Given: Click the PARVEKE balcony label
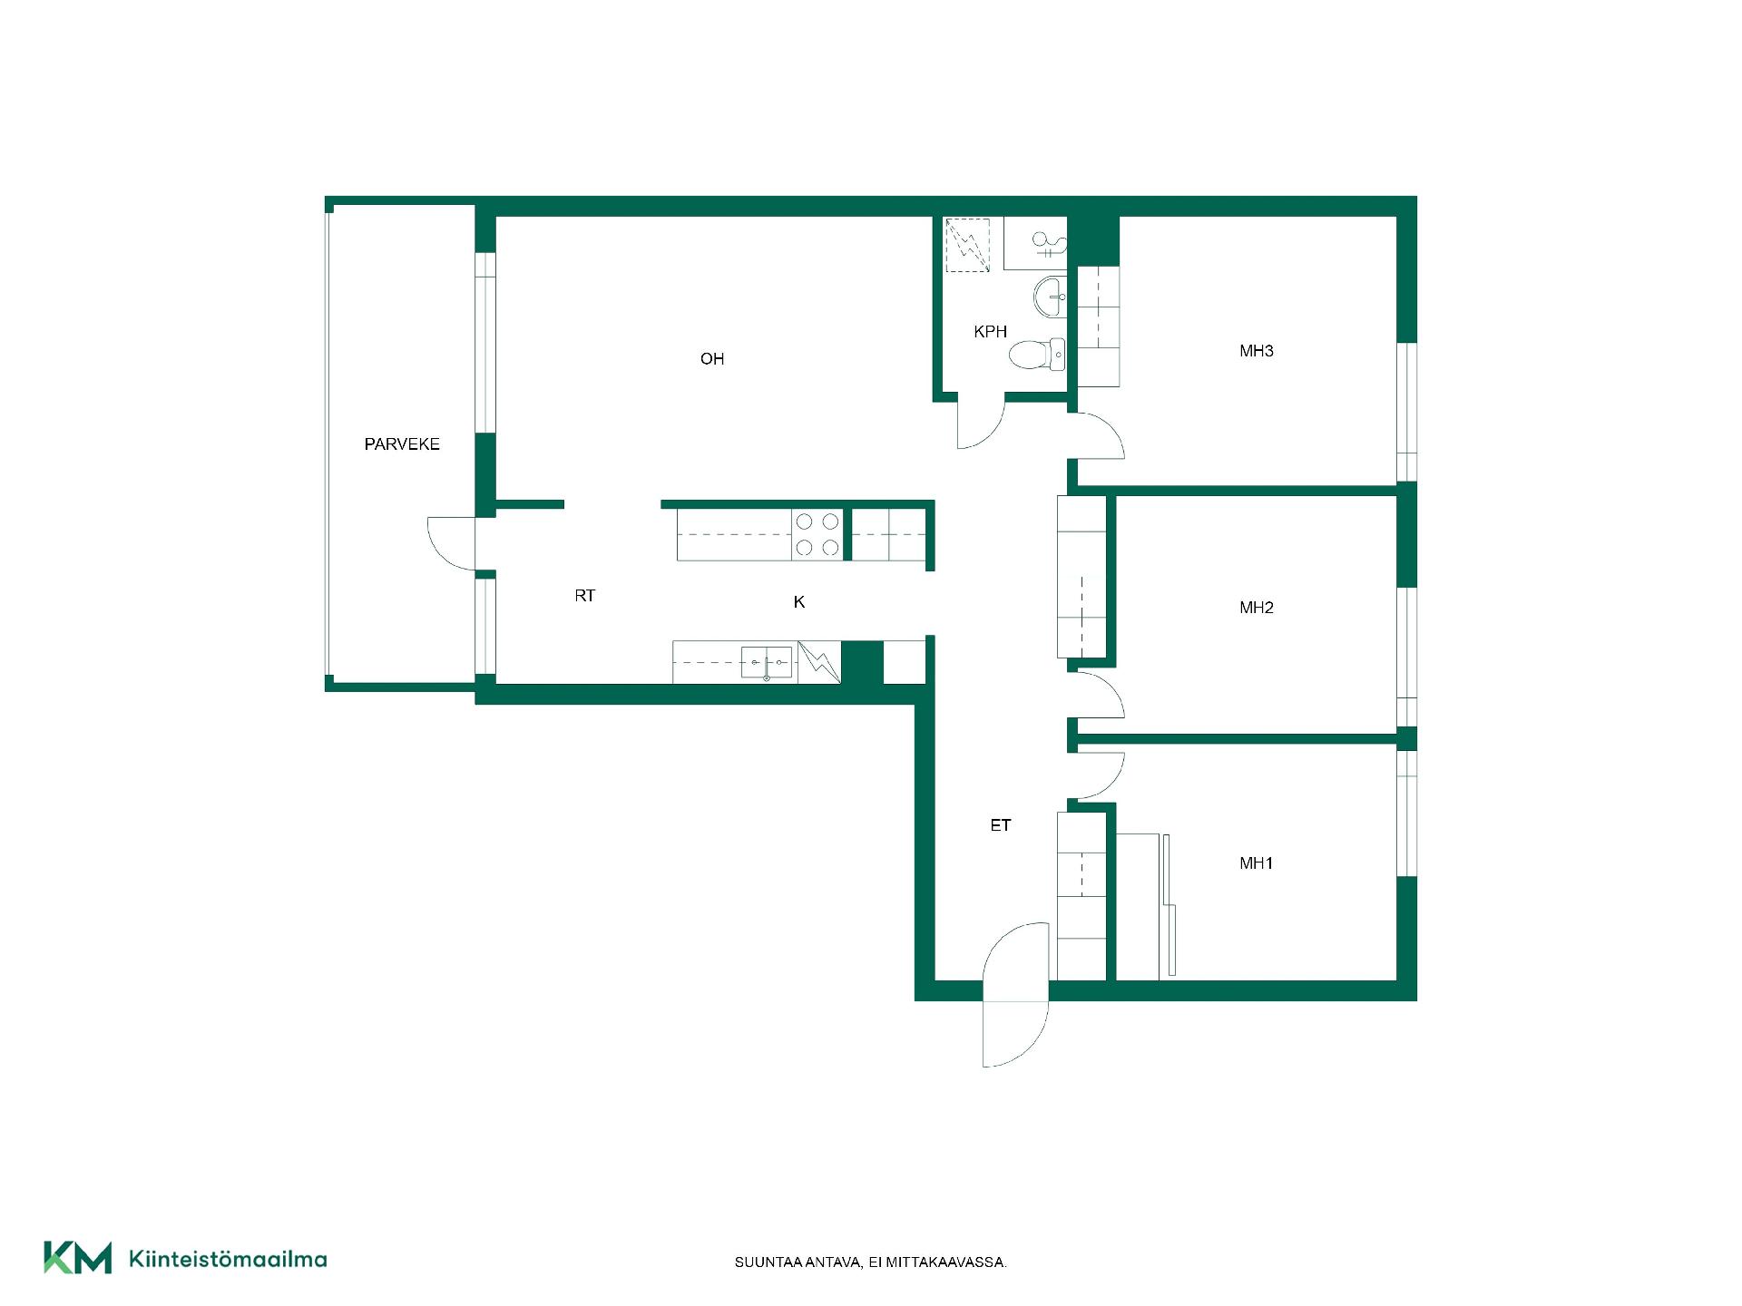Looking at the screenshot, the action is tap(402, 444).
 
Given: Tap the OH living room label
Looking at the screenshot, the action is tap(712, 359).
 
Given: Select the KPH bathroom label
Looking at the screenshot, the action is tap(990, 332).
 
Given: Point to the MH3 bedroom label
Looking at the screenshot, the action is tap(1257, 351).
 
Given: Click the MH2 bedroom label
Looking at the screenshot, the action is tap(1257, 608).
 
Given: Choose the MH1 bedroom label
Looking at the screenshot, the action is tap(1257, 863).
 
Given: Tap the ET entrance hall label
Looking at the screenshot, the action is tap(1001, 825).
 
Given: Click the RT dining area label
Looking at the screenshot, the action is tap(584, 596).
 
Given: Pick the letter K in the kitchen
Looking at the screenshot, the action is tap(799, 602).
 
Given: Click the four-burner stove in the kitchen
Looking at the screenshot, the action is tap(817, 534).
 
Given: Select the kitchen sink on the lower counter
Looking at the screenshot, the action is tap(767, 663).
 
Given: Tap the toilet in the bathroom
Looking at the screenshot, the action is tap(1038, 354).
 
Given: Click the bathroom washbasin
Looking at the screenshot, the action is tap(1052, 297).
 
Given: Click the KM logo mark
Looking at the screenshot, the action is tap(78, 1258).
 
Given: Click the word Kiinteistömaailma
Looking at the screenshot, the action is tap(229, 1259).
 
